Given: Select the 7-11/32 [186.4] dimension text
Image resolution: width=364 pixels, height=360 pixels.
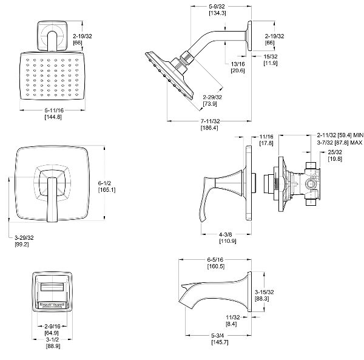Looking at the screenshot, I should pos(208,124).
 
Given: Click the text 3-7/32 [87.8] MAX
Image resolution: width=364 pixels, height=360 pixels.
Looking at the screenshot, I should pos(340,143).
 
